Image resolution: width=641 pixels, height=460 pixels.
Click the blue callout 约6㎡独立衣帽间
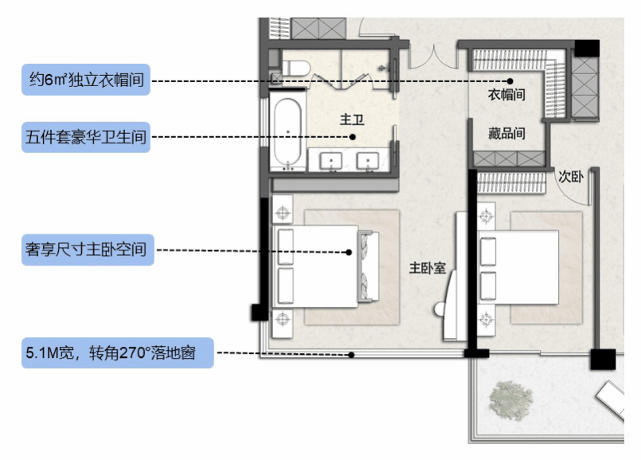click(86, 80)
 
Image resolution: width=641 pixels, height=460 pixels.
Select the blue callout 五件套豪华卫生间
click(86, 138)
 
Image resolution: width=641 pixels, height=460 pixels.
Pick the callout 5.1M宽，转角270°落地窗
click(118, 352)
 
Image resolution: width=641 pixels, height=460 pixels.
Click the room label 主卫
click(351, 120)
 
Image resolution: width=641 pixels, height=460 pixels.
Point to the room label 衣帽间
click(506, 95)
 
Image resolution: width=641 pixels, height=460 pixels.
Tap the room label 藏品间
click(506, 133)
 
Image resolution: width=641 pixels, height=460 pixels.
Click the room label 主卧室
click(426, 268)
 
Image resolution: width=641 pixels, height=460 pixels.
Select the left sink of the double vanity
click(332, 162)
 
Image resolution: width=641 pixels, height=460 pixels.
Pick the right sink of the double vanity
click(368, 162)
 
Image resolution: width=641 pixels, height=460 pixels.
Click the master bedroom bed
click(322, 266)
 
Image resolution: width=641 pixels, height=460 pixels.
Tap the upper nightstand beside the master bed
click(283, 214)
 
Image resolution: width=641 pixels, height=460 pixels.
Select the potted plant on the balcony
click(510, 398)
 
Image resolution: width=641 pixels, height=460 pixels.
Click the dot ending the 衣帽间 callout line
click(510, 81)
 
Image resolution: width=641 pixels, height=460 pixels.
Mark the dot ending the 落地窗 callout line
click(350, 356)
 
